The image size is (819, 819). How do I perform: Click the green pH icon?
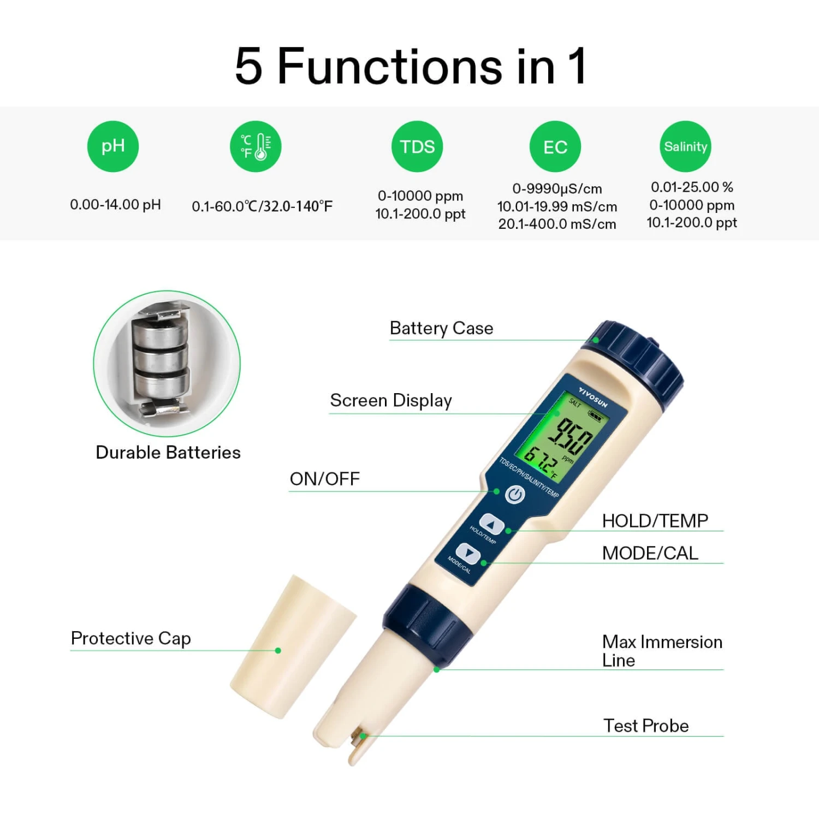pos(113,146)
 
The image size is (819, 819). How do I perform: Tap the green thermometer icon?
pos(256,146)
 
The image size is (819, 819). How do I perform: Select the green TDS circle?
pos(417,146)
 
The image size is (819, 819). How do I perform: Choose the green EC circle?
pos(555,146)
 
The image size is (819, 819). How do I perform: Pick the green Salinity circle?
pos(686,146)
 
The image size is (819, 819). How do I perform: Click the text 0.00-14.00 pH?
pos(116,205)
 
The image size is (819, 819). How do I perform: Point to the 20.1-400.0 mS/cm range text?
pos(557,224)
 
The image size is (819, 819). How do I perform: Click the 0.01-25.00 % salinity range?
pos(692,187)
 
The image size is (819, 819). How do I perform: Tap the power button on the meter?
pos(515,495)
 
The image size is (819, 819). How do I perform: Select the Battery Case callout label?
pos(441,328)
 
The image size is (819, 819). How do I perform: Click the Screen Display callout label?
pos(391,401)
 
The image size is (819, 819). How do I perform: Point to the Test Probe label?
pos(646,726)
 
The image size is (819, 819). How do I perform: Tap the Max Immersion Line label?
pos(662,651)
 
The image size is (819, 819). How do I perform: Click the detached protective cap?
pos(293,647)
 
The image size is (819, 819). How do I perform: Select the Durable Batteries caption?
pos(168,453)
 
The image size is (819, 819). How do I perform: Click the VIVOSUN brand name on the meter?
pos(594,398)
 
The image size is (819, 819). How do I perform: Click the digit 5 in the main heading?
pos(249,66)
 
